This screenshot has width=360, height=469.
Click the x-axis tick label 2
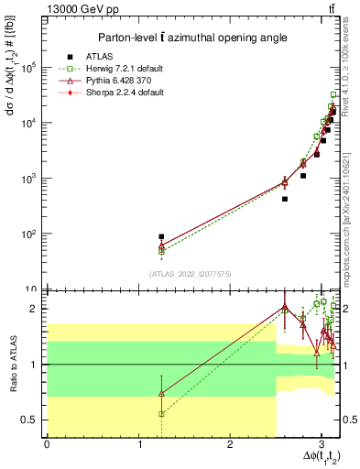tap(230, 444)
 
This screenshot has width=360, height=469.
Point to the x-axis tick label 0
tap(47, 444)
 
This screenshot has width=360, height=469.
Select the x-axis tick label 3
tap(322, 444)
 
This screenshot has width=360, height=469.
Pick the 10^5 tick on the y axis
tap(30, 68)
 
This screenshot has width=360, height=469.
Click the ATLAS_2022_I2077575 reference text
tap(190, 274)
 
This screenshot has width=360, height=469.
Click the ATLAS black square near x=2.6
tap(285, 199)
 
